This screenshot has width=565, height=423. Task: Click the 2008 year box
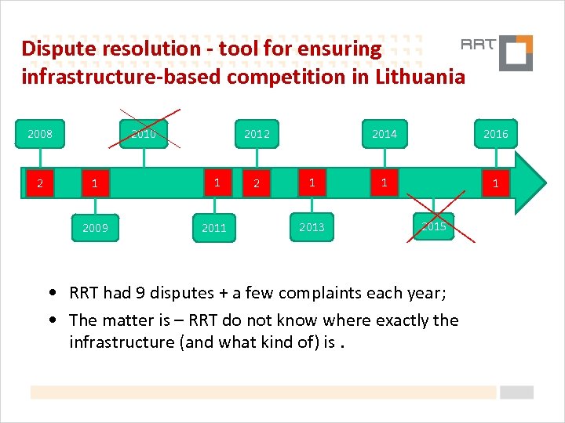click(x=40, y=134)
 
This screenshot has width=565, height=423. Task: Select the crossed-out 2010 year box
click(x=143, y=134)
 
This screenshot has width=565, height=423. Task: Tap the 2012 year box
click(x=257, y=134)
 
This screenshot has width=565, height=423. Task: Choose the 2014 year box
click(x=385, y=134)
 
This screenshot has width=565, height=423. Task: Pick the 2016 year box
click(x=495, y=134)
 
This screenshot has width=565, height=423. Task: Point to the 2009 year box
click(x=95, y=228)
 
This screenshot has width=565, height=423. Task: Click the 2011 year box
click(x=213, y=228)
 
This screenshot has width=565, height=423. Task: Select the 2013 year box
click(x=312, y=227)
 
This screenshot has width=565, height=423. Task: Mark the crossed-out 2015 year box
click(x=433, y=226)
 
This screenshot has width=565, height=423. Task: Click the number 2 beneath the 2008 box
click(x=39, y=184)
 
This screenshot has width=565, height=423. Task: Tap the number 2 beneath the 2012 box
click(x=256, y=184)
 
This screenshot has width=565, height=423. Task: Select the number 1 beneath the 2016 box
click(x=495, y=184)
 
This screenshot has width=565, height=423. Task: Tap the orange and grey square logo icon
click(x=516, y=53)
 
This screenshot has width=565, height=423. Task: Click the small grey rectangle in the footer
click(x=516, y=392)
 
